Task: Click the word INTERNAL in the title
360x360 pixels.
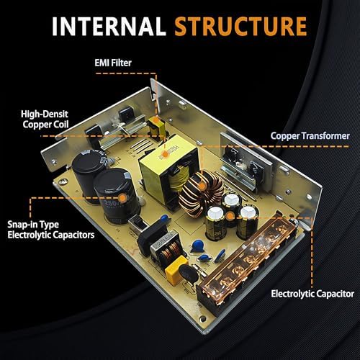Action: [109, 26]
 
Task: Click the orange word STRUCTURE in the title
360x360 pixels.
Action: [240, 26]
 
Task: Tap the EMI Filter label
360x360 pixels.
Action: [113, 63]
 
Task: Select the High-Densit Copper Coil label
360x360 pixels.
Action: [45, 120]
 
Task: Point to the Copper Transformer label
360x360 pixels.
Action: [310, 136]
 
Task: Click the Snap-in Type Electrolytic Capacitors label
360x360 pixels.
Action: [51, 230]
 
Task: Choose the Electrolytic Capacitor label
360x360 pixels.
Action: [312, 294]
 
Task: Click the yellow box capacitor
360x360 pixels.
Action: [176, 270]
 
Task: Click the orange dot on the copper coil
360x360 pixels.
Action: [202, 186]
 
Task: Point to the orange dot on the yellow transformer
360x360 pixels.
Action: [165, 153]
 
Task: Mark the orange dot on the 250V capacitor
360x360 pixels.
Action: [123, 198]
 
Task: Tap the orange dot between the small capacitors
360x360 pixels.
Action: [230, 216]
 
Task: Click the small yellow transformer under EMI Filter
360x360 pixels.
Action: [156, 127]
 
